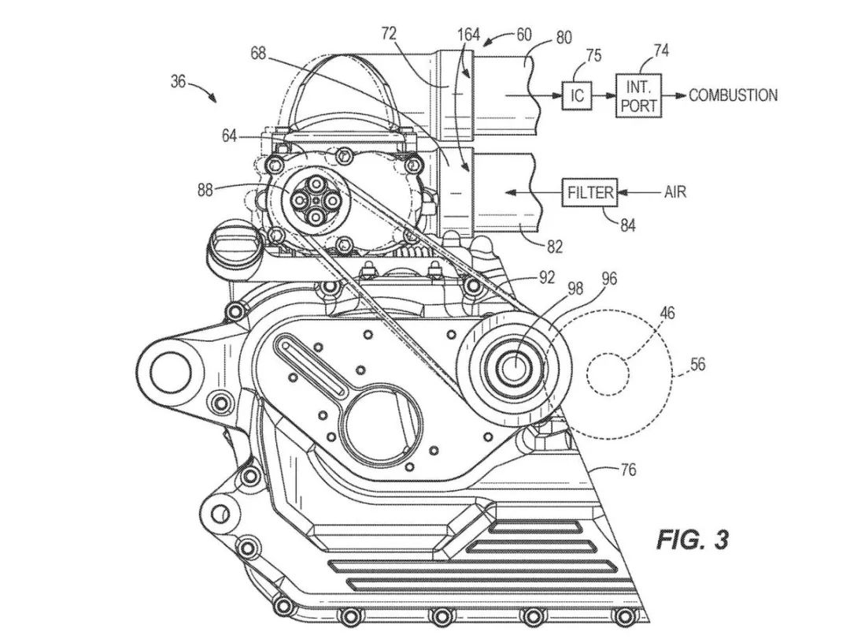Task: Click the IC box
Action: (577, 95)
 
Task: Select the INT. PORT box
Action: (638, 95)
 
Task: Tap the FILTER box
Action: (589, 191)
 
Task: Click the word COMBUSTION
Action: (733, 95)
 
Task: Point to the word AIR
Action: (675, 191)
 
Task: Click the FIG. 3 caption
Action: (693, 540)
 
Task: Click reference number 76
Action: (628, 470)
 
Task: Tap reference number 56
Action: (697, 365)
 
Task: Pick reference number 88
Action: (205, 190)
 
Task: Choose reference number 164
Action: (468, 34)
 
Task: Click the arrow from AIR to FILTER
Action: (639, 191)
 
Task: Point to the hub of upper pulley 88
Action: (315, 202)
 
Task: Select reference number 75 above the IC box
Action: (593, 55)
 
